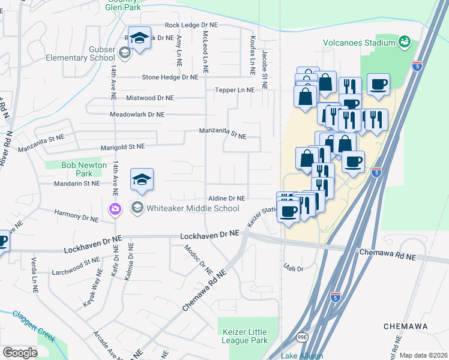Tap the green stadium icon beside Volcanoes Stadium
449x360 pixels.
click(x=405, y=42)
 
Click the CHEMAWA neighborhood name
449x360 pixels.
click(x=406, y=326)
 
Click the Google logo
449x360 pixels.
click(x=20, y=353)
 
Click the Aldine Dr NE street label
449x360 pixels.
click(x=226, y=198)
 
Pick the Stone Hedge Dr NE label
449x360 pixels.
click(x=170, y=77)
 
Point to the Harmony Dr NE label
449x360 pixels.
click(x=76, y=216)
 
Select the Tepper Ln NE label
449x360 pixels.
click(x=235, y=89)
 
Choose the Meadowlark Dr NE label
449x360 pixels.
click(x=142, y=114)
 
